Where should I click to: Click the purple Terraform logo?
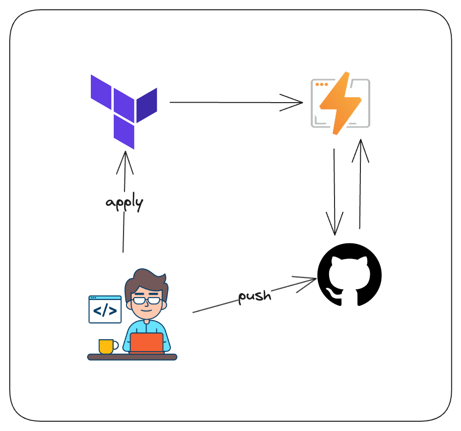click(124, 111)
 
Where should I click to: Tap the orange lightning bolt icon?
click(340, 103)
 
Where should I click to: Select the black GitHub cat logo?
click(349, 275)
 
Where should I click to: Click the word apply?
click(125, 203)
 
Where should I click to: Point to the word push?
click(254, 296)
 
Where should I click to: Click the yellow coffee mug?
click(106, 346)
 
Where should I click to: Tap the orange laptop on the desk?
click(147, 343)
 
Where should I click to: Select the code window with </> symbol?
click(105, 309)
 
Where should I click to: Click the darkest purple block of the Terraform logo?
click(147, 105)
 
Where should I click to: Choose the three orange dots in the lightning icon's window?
click(321, 85)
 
